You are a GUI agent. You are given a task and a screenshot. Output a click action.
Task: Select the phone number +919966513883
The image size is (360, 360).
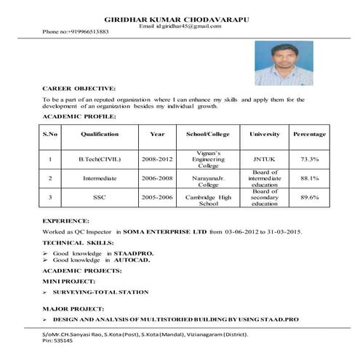tap(76, 33)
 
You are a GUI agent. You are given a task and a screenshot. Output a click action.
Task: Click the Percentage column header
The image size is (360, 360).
tap(309, 135)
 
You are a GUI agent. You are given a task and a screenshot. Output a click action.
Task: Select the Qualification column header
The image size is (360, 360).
tap(100, 135)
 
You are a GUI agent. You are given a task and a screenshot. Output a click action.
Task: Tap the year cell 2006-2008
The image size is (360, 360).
tap(157, 177)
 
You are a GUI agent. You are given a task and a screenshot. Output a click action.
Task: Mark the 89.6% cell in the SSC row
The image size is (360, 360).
tap(309, 197)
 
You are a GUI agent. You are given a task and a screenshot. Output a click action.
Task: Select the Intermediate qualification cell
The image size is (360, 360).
tap(100, 177)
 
